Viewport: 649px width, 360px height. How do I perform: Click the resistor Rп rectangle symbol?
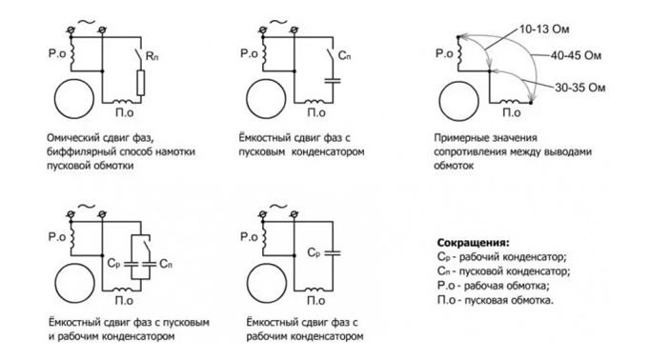click(x=141, y=83)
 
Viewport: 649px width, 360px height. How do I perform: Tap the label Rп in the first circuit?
click(x=152, y=56)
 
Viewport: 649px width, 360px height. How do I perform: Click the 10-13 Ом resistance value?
click(x=544, y=30)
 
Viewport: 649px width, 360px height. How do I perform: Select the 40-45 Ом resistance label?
click(x=576, y=55)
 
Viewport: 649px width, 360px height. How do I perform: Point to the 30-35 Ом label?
click(x=579, y=88)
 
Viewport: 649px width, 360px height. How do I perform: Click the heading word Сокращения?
click(x=473, y=243)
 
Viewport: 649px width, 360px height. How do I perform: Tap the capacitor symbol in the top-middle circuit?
click(x=333, y=80)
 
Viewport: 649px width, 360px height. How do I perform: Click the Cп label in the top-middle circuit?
click(x=344, y=56)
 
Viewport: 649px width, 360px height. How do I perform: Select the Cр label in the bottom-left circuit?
click(x=113, y=263)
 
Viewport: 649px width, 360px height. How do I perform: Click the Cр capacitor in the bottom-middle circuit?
click(x=333, y=252)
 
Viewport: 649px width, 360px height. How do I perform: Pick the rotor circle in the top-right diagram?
click(x=458, y=101)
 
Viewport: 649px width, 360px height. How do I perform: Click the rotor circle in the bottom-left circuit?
click(x=74, y=284)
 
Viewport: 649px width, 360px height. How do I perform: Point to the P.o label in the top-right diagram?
click(x=444, y=53)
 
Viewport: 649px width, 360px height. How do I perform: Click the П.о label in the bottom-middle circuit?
click(x=315, y=300)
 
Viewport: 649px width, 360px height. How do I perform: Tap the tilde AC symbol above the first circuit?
click(x=87, y=22)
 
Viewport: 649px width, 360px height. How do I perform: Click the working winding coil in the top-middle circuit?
click(x=264, y=53)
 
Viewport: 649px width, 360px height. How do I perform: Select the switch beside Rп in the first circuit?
click(x=139, y=55)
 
